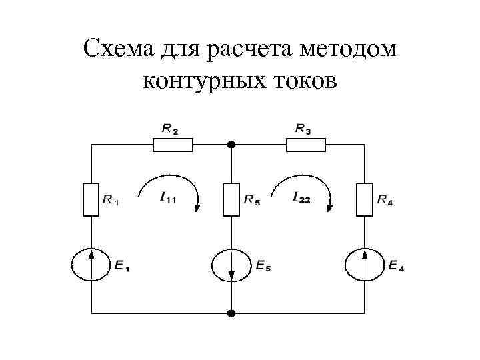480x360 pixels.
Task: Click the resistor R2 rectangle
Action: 173,145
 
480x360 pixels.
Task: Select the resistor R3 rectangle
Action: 306,145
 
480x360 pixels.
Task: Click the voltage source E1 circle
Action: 91,265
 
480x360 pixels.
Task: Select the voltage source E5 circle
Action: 231,265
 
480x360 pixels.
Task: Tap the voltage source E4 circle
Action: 365,265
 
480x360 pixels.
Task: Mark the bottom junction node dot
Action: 231,313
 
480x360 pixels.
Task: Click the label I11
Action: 168,197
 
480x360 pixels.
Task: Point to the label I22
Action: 301,197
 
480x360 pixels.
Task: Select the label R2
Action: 170,129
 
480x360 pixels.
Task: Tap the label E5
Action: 263,265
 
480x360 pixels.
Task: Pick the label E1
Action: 122,265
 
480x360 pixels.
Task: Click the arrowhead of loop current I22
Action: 329,207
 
